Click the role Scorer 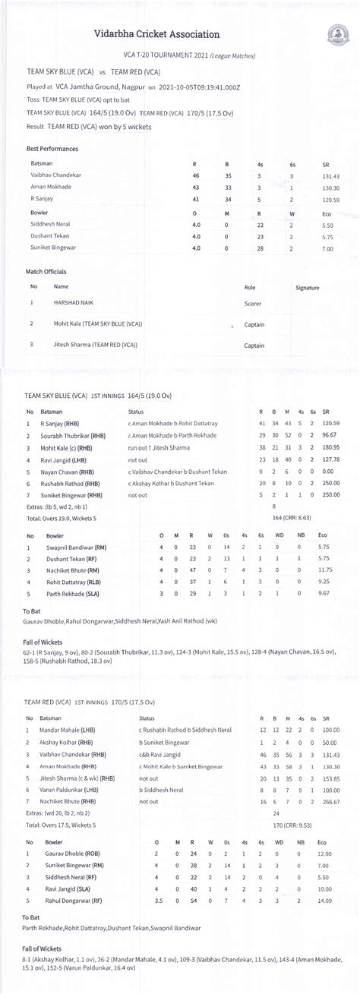tap(254, 302)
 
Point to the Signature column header tap(307, 288)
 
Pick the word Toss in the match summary tap(34, 99)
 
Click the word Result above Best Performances tap(35, 126)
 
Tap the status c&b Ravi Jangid tap(160, 755)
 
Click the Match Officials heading tap(46, 271)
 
